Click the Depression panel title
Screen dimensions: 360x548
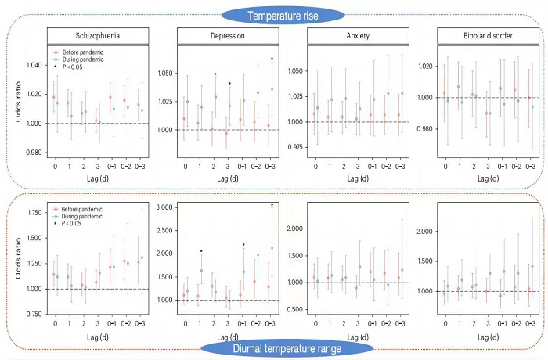[225, 35]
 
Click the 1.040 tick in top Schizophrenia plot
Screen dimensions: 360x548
[34, 65]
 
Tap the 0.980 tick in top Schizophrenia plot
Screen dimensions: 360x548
[34, 152]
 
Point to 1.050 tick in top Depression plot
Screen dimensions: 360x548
[166, 73]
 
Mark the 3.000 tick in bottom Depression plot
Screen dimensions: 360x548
[166, 207]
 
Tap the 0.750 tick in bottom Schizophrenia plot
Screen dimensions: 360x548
[34, 314]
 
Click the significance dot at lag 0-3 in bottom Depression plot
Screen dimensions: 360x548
[272, 205]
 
